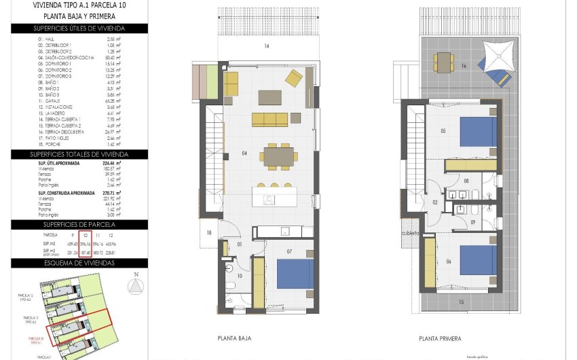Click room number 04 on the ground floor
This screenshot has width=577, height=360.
(x=244, y=154)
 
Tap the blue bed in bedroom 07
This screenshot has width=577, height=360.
(x=295, y=274)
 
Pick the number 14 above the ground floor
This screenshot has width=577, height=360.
(x=267, y=46)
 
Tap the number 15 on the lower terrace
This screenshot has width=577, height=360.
(x=461, y=301)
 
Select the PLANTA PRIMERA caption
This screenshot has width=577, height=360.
(x=440, y=338)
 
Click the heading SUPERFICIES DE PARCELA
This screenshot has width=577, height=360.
(x=79, y=224)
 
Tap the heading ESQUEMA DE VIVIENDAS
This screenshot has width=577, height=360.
(x=79, y=263)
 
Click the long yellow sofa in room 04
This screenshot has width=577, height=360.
(x=269, y=120)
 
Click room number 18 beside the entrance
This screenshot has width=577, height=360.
(x=210, y=233)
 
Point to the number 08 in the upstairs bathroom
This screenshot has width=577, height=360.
(x=466, y=181)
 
